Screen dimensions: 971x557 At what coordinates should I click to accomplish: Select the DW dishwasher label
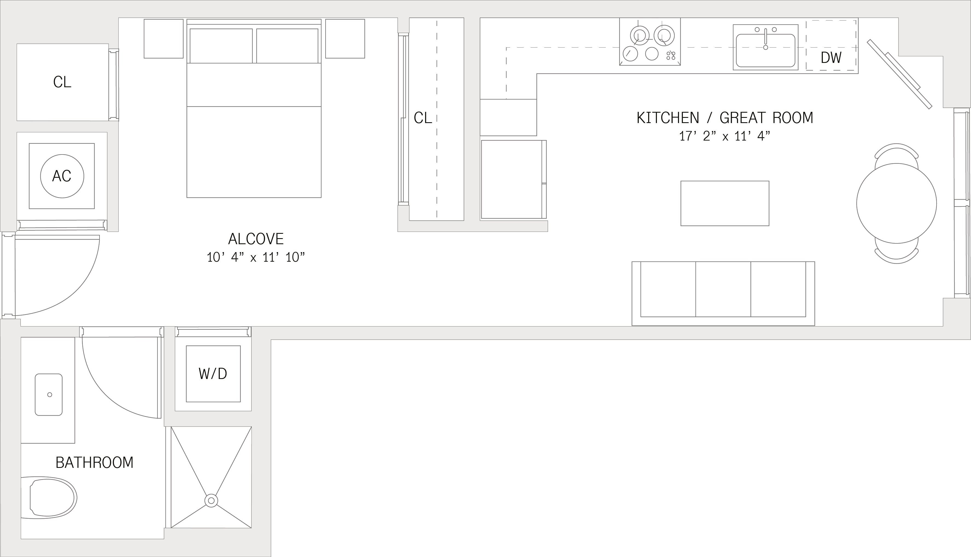[831, 57]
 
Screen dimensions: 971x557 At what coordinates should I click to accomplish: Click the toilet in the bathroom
[49, 498]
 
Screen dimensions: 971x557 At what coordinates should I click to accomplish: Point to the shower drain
[211, 500]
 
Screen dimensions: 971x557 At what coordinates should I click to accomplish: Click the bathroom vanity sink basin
[49, 394]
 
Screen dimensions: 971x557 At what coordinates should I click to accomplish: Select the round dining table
[896, 203]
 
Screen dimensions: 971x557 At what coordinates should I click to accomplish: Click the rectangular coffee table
[725, 203]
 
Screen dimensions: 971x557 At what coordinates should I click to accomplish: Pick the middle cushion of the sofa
[723, 289]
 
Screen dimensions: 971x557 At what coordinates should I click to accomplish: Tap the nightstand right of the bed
[345, 39]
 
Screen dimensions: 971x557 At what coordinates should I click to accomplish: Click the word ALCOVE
[256, 239]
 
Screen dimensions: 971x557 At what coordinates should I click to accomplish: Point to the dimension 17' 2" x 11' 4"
[724, 136]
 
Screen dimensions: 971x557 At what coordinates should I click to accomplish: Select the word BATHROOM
[95, 462]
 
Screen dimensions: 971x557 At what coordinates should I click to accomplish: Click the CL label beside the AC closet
[62, 82]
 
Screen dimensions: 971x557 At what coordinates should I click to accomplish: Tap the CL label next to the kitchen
[423, 118]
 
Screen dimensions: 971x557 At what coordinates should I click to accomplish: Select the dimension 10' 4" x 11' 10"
[256, 257]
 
